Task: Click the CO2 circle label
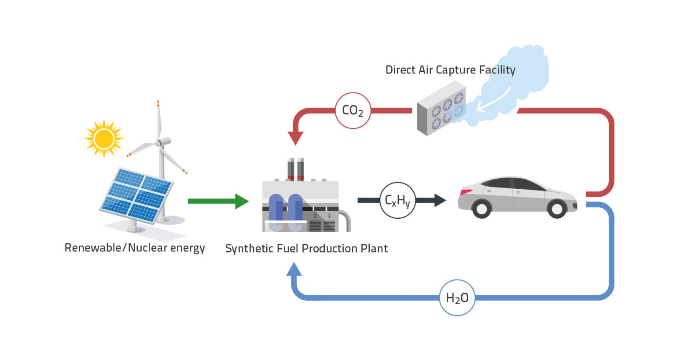(x=353, y=110)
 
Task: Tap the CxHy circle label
(x=397, y=201)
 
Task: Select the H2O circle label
(x=457, y=298)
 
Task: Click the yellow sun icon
(x=104, y=139)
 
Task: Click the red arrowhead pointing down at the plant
(x=295, y=138)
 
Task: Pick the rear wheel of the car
(x=481, y=209)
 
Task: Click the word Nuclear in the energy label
(x=147, y=248)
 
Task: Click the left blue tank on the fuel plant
(x=276, y=211)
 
